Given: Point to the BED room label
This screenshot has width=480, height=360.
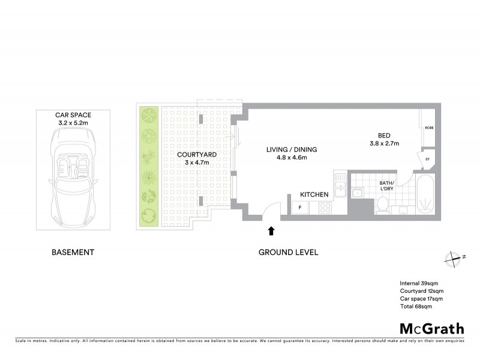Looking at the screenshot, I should tap(384, 135).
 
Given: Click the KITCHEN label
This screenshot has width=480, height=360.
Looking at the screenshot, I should tap(314, 194).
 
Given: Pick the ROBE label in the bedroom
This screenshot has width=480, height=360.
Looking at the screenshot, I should tap(429, 128).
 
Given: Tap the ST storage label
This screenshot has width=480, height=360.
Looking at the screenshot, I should tap(428, 159).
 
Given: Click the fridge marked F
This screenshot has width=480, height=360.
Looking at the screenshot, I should tap(299, 208).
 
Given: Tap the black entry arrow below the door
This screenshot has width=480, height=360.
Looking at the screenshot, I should tap(271, 230).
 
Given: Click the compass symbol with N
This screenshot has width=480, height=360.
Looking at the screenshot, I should tap(453, 257).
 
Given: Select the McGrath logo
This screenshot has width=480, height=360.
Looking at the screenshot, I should tap(431, 328).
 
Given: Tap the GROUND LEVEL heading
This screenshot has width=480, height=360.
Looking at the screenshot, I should tap(288, 252).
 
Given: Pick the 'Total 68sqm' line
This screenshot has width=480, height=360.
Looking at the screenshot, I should tap(416, 306).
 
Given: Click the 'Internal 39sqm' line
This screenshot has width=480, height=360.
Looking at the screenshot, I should tap(419, 283).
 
